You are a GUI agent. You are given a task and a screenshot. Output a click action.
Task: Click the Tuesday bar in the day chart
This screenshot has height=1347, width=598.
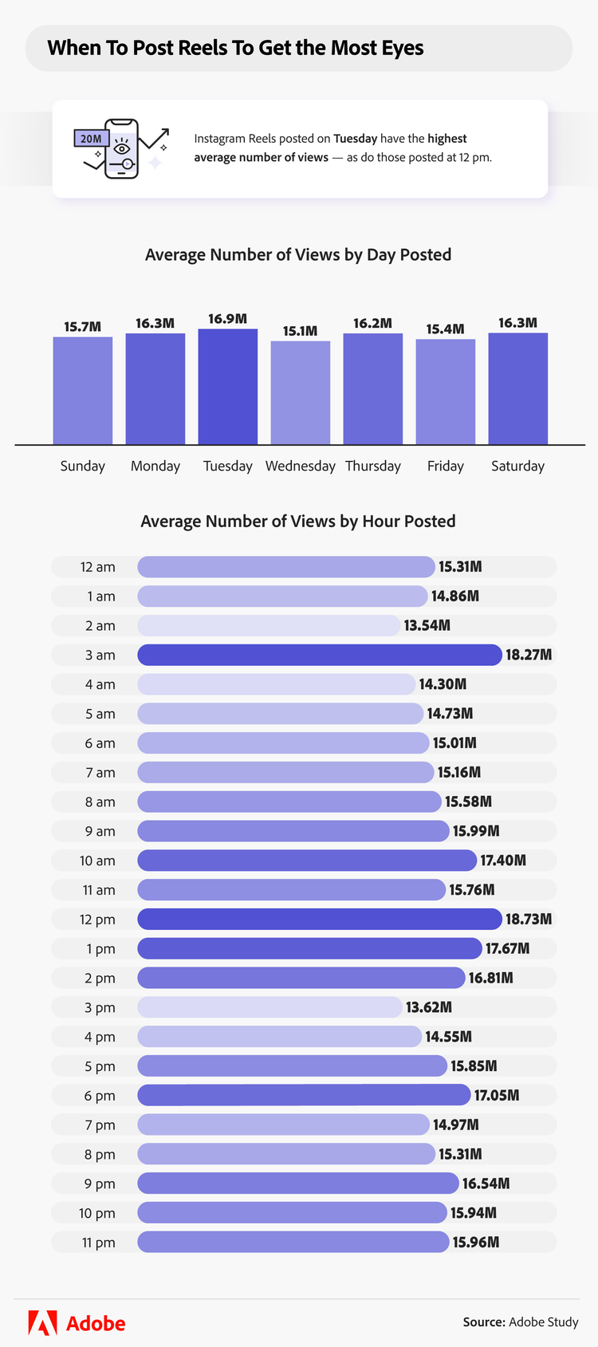pyautogui.click(x=228, y=387)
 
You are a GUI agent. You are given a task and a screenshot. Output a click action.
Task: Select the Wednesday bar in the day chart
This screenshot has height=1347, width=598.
pyautogui.click(x=301, y=392)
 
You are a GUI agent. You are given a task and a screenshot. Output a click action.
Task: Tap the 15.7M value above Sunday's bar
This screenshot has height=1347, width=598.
pyautogui.click(x=83, y=327)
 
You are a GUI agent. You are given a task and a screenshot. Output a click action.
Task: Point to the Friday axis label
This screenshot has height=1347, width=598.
pyautogui.click(x=445, y=466)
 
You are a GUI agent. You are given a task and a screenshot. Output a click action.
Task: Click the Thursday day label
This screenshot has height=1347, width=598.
pyautogui.click(x=373, y=466)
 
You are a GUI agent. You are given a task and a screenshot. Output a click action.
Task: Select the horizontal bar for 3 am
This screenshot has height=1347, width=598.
pyautogui.click(x=319, y=655)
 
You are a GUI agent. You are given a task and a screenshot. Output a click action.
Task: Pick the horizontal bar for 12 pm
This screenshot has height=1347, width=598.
pyautogui.click(x=319, y=920)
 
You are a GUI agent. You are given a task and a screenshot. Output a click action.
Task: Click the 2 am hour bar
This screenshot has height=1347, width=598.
pyautogui.click(x=268, y=625)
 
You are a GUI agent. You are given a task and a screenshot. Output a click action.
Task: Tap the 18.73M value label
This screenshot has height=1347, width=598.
pyautogui.click(x=529, y=920)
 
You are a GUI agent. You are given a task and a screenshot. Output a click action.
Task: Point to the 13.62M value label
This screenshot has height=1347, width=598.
pyautogui.click(x=429, y=1007)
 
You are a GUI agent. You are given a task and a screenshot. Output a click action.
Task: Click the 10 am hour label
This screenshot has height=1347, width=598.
pyautogui.click(x=97, y=861)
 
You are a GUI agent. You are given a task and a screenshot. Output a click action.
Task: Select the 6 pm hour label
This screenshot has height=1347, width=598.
pyautogui.click(x=100, y=1096)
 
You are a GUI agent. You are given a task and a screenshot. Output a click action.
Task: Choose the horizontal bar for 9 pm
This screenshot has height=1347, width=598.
pyautogui.click(x=297, y=1184)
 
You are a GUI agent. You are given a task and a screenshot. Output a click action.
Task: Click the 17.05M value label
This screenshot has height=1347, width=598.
pyautogui.click(x=497, y=1096)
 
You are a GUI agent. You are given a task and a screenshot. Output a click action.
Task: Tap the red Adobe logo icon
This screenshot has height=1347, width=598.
pyautogui.click(x=42, y=1322)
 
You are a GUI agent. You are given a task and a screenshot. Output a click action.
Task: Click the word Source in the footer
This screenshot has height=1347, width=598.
pyautogui.click(x=483, y=1322)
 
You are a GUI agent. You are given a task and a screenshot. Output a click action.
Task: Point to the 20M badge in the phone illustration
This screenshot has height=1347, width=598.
pyautogui.click(x=91, y=139)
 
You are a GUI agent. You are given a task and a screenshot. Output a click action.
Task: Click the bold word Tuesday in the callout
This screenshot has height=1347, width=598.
pyautogui.click(x=355, y=139)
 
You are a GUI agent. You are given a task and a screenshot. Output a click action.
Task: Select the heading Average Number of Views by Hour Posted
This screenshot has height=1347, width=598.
pyautogui.click(x=298, y=522)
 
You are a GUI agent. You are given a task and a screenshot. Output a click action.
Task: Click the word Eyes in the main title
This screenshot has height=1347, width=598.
pyautogui.click(x=403, y=48)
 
